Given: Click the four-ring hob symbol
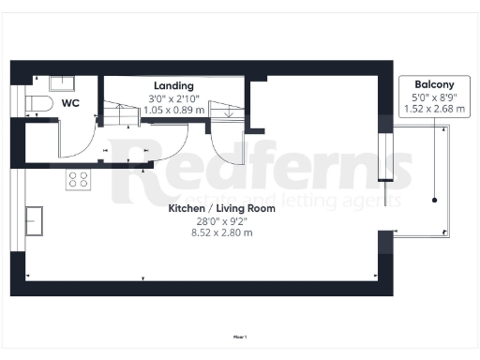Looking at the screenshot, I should pos(77,179).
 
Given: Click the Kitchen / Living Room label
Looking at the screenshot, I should pos(221,208).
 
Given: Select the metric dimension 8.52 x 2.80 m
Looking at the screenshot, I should pos(221,232).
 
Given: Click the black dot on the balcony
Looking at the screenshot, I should pos(435,200).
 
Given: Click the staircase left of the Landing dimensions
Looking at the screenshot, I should pos(120,115).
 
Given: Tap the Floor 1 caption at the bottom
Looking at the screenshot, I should pos(240,335).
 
